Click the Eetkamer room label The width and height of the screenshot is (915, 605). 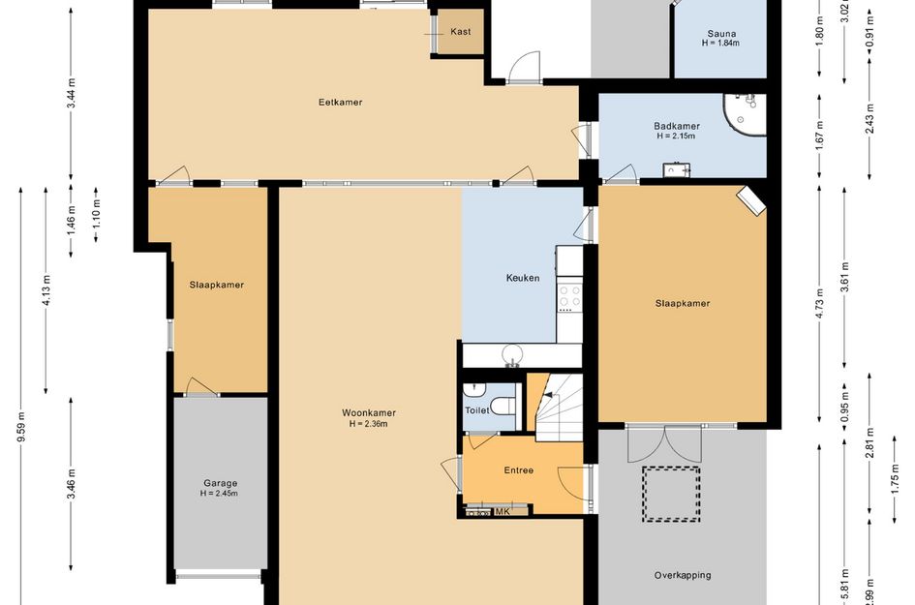[x=340, y=102]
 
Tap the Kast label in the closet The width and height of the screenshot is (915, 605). [x=461, y=32]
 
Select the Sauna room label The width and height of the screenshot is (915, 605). [x=721, y=34]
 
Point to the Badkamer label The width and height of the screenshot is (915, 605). [x=677, y=126]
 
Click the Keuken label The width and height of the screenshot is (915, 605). [x=522, y=278]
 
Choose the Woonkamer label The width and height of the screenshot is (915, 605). [x=369, y=413]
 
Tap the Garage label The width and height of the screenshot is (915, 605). [x=220, y=483]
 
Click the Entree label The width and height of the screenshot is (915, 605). [x=519, y=470]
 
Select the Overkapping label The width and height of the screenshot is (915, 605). [x=683, y=575]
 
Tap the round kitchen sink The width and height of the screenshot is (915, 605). [x=512, y=353]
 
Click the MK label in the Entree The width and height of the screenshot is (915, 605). [x=503, y=512]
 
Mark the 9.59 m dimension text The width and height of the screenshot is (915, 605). [x=21, y=427]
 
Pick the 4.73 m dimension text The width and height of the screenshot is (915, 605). [x=819, y=303]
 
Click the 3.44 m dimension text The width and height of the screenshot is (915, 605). [x=71, y=93]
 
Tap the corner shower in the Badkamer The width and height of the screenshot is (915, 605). [x=745, y=114]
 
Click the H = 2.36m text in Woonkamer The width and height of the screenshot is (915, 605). [x=369, y=424]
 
